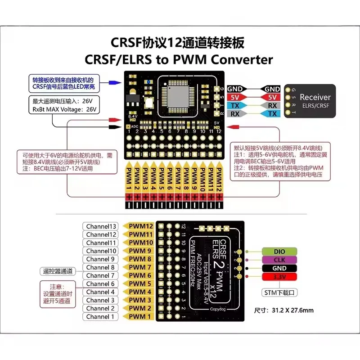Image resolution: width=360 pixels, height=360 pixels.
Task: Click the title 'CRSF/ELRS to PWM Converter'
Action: [180, 59]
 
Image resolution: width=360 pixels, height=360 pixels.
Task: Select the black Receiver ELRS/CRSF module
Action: [311, 101]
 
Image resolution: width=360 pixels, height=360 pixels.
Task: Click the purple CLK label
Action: [273, 260]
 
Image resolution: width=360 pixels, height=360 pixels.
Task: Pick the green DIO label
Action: [273, 251]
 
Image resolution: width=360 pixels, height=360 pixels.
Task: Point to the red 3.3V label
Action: [273, 276]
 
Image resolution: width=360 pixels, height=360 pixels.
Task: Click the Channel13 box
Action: [101, 226]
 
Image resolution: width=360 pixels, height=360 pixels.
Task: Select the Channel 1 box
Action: [101, 316]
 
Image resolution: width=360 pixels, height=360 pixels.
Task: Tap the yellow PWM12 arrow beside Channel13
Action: [139, 226]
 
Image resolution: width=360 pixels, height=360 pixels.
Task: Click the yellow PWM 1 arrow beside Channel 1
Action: [139, 316]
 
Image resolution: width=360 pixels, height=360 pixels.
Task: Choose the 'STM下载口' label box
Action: [276, 292]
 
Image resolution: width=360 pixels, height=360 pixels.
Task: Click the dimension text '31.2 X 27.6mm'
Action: [290, 310]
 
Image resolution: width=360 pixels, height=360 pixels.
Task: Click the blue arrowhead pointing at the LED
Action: [116, 82]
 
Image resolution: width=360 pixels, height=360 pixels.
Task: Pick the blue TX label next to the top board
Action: [235, 106]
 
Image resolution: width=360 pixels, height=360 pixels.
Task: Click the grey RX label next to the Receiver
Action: [272, 106]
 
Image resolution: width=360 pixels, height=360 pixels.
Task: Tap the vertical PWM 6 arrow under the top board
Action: [170, 178]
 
